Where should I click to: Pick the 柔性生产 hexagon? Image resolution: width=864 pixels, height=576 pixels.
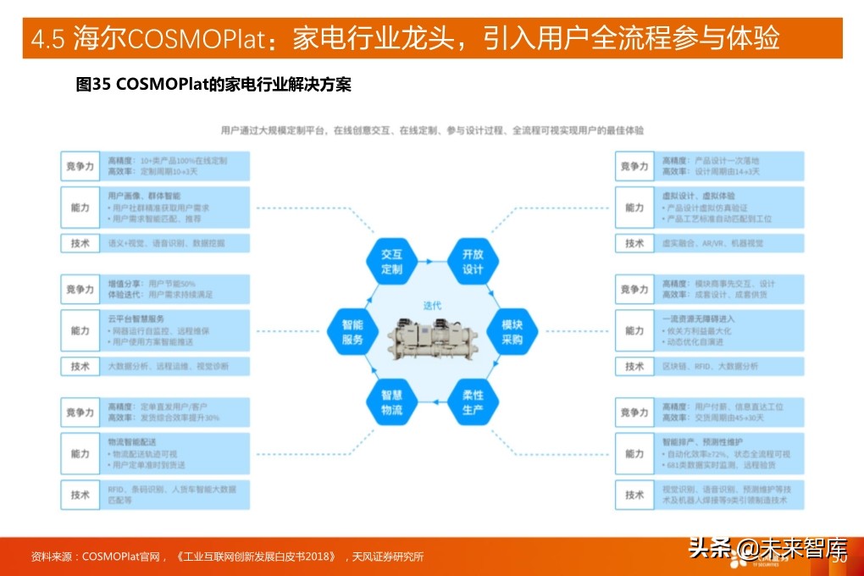(x=473, y=402)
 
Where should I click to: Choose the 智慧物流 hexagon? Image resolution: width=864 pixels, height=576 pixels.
(x=391, y=402)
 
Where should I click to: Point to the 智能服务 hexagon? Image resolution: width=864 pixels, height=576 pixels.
(x=352, y=332)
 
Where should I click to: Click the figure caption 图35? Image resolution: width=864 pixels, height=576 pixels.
(x=94, y=85)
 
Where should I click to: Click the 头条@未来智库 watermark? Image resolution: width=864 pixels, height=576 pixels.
(x=767, y=549)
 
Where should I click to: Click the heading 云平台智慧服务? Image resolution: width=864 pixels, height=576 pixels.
(x=136, y=318)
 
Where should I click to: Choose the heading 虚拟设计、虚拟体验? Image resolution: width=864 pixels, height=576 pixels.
(x=699, y=196)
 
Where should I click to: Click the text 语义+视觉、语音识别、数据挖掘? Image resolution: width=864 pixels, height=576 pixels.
(x=166, y=243)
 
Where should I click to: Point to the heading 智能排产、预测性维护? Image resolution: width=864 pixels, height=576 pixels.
(x=704, y=441)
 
